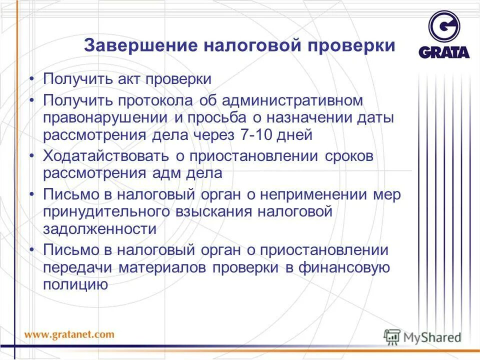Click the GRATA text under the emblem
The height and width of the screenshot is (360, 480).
[444, 52]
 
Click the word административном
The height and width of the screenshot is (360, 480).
[291, 100]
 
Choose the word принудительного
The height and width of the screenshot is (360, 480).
[105, 212]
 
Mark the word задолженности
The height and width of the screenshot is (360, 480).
[99, 229]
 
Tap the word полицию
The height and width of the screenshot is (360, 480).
[75, 285]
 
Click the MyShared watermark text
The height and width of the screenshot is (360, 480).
[432, 337]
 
